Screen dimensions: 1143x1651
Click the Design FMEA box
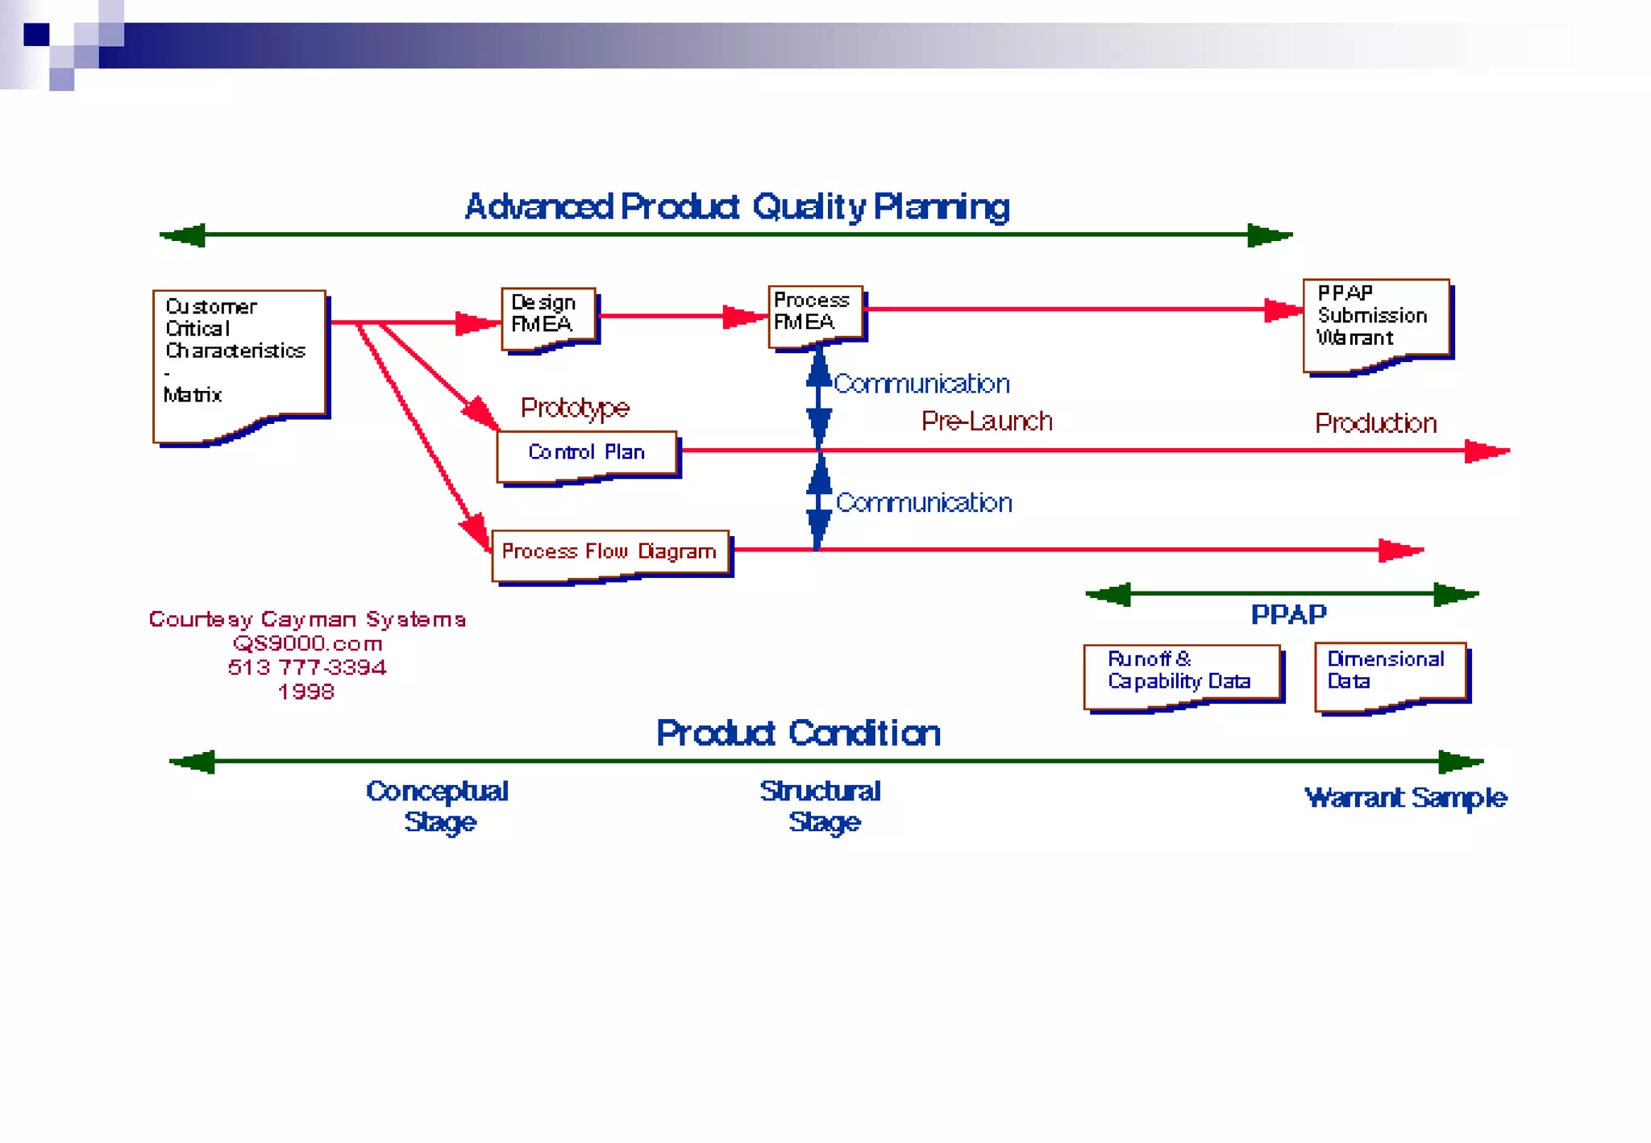(x=548, y=316)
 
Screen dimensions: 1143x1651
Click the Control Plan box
(x=586, y=454)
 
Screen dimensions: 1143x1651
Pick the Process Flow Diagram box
(x=609, y=553)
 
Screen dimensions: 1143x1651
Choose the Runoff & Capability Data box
(x=1181, y=673)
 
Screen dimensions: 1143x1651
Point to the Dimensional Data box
(x=1390, y=673)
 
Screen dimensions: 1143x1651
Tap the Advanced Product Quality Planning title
(x=737, y=207)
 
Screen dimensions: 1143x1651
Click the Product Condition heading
(x=798, y=734)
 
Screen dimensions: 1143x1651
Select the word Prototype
(x=574, y=408)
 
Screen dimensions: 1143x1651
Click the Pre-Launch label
(x=987, y=422)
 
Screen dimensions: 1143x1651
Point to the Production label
(x=1375, y=424)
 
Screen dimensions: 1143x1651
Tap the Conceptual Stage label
(x=438, y=806)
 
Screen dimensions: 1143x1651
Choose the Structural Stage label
(x=821, y=806)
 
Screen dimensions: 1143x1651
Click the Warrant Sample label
(x=1405, y=798)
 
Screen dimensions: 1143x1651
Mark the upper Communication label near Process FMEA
(x=921, y=384)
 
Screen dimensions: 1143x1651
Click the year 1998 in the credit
(x=306, y=692)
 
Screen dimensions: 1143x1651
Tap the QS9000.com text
(x=307, y=644)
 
